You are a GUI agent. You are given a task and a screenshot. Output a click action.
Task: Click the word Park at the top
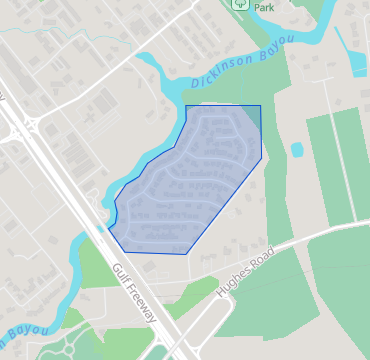click(x=263, y=7)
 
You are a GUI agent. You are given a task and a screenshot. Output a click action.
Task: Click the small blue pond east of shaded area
click(x=296, y=150)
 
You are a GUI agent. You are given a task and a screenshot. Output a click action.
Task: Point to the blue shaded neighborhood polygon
click(x=185, y=180)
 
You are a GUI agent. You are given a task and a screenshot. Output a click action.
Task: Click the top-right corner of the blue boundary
click(x=260, y=105)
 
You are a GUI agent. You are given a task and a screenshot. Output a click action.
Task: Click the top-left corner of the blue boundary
click(x=186, y=105)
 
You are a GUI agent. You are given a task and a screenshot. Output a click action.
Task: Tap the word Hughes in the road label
click(x=231, y=287)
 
